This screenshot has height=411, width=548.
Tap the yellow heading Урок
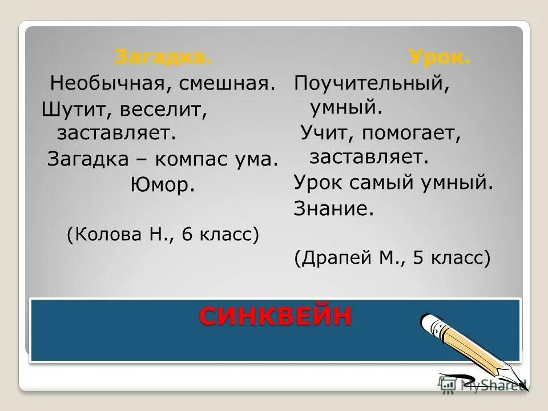439,57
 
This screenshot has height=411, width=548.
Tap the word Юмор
162,184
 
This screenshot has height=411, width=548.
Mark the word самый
390,183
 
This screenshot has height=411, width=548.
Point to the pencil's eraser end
429,323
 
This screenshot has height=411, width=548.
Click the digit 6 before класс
187,233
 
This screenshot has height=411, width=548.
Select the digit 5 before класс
418,258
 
